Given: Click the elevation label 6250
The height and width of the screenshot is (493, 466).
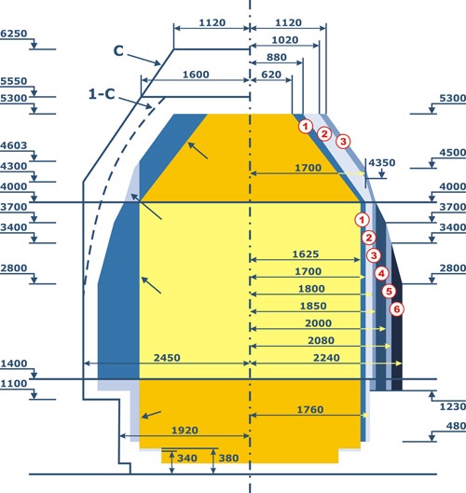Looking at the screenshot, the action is pos(14,34).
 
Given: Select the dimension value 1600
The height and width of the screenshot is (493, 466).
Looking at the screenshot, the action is pos(196,75).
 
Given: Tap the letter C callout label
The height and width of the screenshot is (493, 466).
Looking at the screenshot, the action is pos(118,51).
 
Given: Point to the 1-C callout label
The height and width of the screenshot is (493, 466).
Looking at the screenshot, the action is pos(102,94).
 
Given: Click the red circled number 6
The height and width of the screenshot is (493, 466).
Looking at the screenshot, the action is pos(397,309).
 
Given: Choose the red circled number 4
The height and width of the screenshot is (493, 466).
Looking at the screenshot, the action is pos(381,274).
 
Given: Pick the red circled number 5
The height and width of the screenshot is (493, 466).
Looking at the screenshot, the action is pos(389,292).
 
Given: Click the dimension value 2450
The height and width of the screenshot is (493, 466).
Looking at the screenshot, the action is pos(167,358).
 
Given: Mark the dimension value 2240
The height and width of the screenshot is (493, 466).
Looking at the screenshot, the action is pos(326,358).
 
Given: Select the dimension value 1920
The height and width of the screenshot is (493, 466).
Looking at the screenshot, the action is pos(185,431).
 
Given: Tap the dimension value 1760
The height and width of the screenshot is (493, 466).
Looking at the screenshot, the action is pos(310,410).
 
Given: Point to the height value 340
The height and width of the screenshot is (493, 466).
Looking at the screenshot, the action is pos(187,459).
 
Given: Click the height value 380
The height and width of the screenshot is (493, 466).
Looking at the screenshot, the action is pos(228,459).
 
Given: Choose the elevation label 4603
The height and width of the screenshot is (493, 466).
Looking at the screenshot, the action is pos(14,145).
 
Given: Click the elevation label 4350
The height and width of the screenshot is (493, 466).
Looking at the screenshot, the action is pos(382,163).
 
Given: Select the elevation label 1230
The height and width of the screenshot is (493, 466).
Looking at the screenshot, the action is pos(452,407).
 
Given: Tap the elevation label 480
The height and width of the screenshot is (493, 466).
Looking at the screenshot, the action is pos(456,426).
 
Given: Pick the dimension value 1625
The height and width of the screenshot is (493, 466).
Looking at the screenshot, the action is pos(306,254).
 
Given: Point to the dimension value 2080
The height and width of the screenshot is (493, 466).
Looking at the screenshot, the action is pos(321,340).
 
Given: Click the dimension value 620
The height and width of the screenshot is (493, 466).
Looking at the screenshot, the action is pos(271,75).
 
